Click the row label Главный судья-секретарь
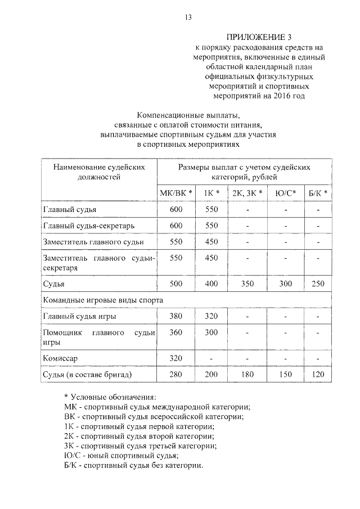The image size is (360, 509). point(89,226)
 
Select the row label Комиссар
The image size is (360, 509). point(60,358)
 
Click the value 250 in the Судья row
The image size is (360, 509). point(318,283)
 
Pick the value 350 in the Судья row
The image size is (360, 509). point(247,283)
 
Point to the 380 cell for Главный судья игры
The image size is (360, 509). point(177,316)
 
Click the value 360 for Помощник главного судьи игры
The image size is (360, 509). point(177,332)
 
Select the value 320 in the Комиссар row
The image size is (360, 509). point(177,358)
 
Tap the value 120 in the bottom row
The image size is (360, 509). point(318,374)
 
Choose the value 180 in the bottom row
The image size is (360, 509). point(247,374)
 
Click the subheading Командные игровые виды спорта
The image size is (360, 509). point(103,300)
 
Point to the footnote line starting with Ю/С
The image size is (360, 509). point(121,455)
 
